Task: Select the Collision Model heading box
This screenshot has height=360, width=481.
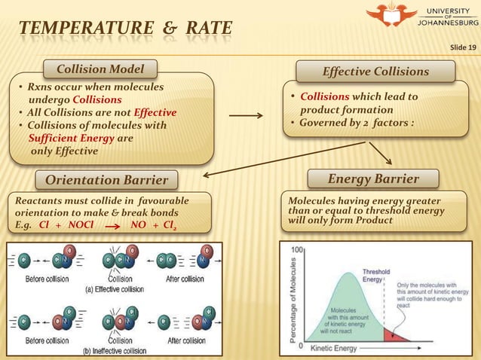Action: [100, 70]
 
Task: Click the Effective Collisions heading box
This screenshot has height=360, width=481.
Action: [375, 72]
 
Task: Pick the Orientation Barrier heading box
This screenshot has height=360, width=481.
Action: [106, 180]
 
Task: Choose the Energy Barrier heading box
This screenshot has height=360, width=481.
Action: [372, 178]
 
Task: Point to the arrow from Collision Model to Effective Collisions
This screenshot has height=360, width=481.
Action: [245, 116]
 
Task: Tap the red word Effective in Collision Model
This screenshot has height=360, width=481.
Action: [155, 113]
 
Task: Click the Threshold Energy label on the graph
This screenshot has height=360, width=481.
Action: [376, 276]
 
